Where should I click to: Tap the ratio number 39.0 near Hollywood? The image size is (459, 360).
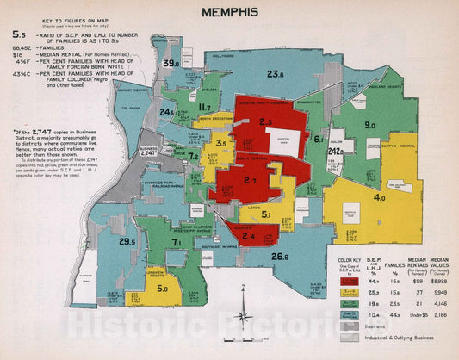(172, 63)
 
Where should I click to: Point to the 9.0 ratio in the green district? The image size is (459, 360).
(369, 126)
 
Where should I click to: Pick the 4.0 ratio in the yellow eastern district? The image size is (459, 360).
(379, 197)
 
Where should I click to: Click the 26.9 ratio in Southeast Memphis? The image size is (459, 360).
(280, 257)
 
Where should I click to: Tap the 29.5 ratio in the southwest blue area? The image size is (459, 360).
(127, 241)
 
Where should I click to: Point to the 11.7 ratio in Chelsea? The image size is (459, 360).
(206, 108)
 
